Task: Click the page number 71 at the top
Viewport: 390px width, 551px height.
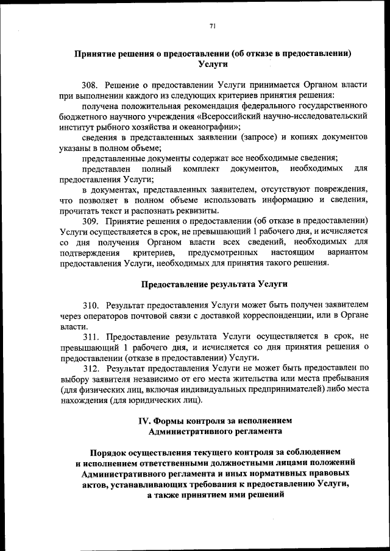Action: pos(212,26)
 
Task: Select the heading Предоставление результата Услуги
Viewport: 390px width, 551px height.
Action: pos(214,284)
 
